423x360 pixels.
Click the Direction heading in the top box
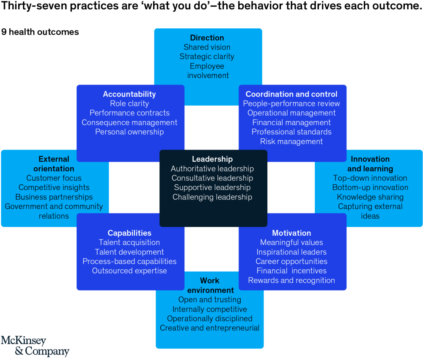[207, 38]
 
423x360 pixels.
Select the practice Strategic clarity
[207, 57]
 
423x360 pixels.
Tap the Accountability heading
[129, 94]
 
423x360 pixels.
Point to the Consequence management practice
[129, 123]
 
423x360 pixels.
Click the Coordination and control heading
[291, 94]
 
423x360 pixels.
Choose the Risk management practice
[291, 142]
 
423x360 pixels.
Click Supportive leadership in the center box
[212, 188]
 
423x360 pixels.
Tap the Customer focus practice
[54, 178]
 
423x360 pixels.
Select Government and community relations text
[54, 211]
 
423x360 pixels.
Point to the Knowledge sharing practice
[370, 197]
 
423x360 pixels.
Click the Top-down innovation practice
[370, 178]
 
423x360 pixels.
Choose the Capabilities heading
[129, 233]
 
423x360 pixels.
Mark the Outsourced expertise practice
[129, 271]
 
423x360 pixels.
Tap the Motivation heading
[291, 233]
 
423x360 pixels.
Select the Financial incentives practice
[291, 271]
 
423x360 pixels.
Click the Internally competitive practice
[210, 309]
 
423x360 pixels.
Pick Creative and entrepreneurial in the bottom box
[210, 328]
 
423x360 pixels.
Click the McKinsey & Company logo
[35, 346]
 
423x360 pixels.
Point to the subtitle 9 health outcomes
[40, 32]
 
